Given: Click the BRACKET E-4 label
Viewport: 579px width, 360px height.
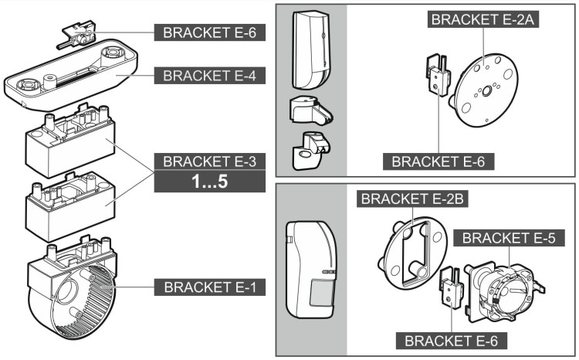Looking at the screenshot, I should coord(209,76).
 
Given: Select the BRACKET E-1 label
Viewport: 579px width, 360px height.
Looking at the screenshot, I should coord(209,287).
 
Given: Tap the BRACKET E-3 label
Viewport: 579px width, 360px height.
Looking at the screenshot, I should coord(209,162).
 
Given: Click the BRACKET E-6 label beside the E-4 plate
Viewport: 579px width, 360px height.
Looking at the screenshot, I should coord(209,33).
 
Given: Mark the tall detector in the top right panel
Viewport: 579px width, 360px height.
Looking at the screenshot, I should coord(310,50).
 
